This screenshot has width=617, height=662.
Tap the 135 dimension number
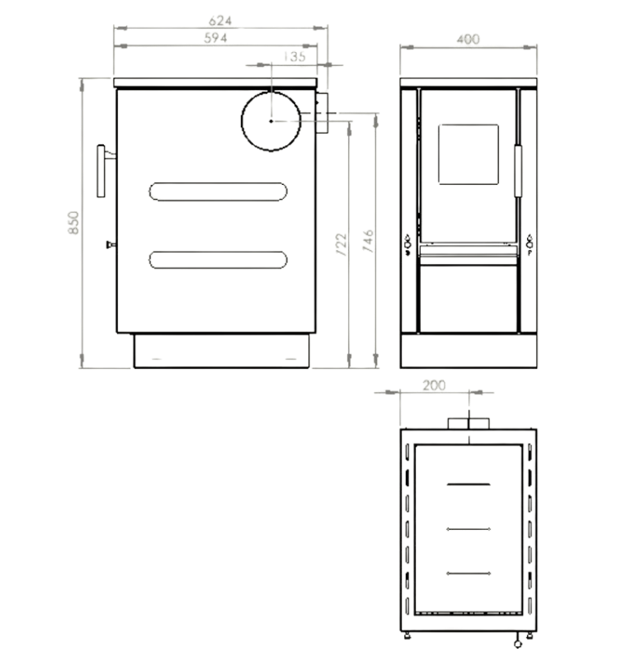pyautogui.click(x=293, y=56)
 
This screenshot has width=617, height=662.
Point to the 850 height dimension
pyautogui.click(x=73, y=224)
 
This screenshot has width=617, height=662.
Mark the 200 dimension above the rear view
pyautogui.click(x=434, y=385)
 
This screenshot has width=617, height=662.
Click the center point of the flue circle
pyautogui.click(x=271, y=121)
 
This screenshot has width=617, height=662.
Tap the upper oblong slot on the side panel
pyautogui.click(x=219, y=191)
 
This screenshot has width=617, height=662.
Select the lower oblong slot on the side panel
pyautogui.click(x=219, y=259)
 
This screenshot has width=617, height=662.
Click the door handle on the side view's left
pyautogui.click(x=102, y=171)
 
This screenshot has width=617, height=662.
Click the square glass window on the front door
pyautogui.click(x=468, y=154)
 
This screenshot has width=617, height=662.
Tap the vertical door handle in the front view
pyautogui.click(x=518, y=171)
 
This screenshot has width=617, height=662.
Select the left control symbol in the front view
pyautogui.click(x=407, y=244)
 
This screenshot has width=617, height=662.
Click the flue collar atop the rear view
pyautogui.click(x=468, y=423)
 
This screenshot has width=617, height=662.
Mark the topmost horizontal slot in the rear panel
pyautogui.click(x=468, y=483)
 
